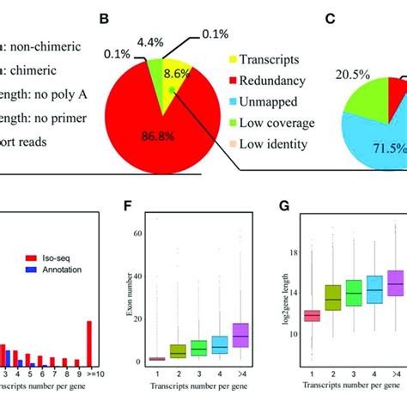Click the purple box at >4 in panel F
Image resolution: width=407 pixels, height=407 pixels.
241,335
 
